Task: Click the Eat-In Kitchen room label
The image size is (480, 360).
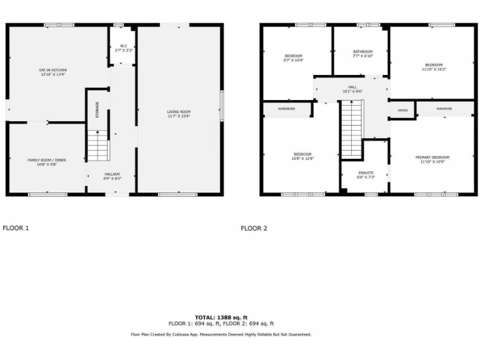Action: click(x=52, y=72)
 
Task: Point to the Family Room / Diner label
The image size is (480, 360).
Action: click(x=47, y=162)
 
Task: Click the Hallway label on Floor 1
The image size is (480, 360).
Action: click(x=112, y=176)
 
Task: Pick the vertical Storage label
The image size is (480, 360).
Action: click(x=97, y=109)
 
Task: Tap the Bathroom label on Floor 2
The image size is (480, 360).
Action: click(x=362, y=54)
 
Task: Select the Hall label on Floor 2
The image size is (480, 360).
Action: click(x=352, y=89)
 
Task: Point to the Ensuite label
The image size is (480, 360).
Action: click(x=366, y=174)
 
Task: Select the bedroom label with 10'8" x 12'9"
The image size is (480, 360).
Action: click(x=303, y=156)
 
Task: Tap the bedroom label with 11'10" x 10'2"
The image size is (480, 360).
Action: click(x=434, y=67)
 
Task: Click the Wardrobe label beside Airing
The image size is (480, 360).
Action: click(x=444, y=109)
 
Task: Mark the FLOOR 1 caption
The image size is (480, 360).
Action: click(x=16, y=228)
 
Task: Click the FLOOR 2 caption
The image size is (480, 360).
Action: click(x=254, y=228)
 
